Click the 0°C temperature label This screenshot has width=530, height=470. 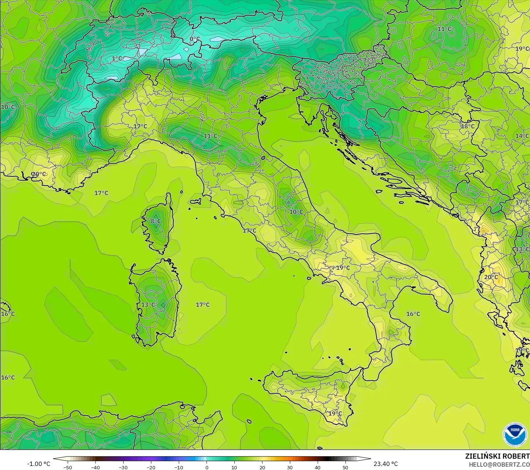pos(194,39)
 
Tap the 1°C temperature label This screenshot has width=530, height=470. pos(117,58)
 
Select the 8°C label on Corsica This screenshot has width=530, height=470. pos(156,221)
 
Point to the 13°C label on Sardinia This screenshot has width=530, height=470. pos(148,305)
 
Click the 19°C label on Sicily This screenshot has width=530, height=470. pos(335,413)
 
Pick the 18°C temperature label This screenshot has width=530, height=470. pos(467,126)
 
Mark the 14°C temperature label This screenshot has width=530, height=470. pos(522,136)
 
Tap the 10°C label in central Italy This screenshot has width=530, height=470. pos(296,212)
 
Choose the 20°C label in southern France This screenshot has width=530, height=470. pos(39,174)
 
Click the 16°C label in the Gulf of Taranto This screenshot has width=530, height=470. pos(413,314)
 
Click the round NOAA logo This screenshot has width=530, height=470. pos(515,434)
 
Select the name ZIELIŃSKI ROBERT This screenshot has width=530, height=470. pos(497,456)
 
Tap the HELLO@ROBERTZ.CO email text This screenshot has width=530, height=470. pos(499,464)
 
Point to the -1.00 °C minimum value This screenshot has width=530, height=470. pos(38,464)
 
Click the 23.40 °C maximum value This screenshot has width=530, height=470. pos(386,464)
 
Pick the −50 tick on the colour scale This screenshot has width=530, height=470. pos(67,467)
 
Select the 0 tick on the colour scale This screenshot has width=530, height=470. pos(207,467)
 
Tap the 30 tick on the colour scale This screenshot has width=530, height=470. pos(289,467)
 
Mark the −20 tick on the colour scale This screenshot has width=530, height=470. pos(151,467)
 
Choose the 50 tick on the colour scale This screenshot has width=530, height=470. pos(345,467)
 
